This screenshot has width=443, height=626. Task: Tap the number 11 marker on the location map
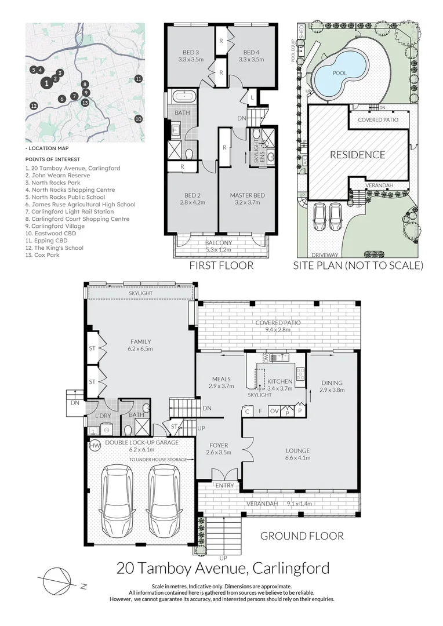tap(138, 79)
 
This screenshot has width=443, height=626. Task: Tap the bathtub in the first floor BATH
tap(184, 97)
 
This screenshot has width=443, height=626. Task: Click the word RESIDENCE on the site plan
tap(357, 155)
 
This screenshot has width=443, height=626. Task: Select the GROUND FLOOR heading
tap(302, 536)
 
